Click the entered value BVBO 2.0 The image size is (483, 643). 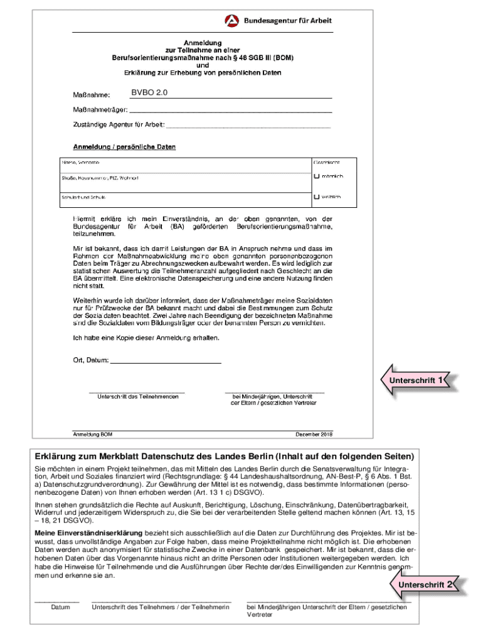click(149, 93)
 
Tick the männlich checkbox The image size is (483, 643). click(317, 176)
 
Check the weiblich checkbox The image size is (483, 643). click(317, 197)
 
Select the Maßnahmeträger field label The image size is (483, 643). click(101, 110)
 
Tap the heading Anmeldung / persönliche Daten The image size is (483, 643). click(125, 147)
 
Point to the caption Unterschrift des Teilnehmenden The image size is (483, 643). click(137, 397)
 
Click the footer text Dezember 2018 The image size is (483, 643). click(314, 435)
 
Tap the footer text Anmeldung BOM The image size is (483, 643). click(93, 435)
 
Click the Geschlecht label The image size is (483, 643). click(327, 163)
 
